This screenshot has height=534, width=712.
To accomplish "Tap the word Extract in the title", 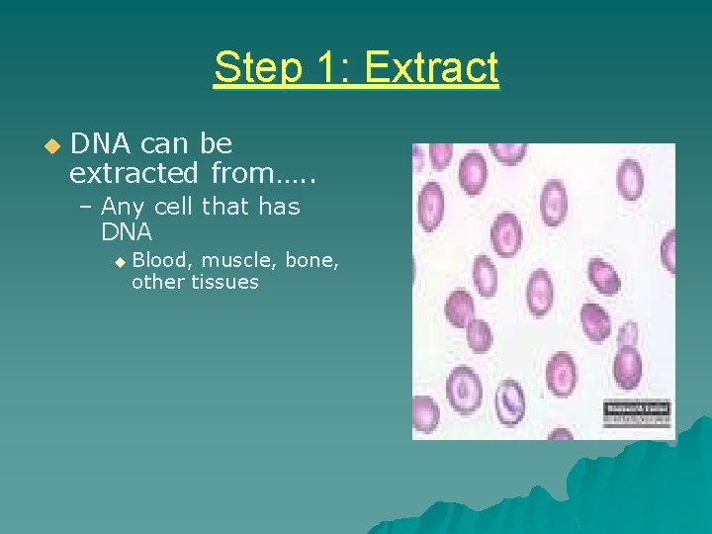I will [x=432, y=69].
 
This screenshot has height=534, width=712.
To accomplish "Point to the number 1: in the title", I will [x=328, y=69].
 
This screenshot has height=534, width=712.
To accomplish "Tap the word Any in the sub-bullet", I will [x=124, y=207].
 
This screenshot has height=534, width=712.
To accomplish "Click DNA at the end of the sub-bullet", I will [x=127, y=232].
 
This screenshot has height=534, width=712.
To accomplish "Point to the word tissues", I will [x=225, y=283].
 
